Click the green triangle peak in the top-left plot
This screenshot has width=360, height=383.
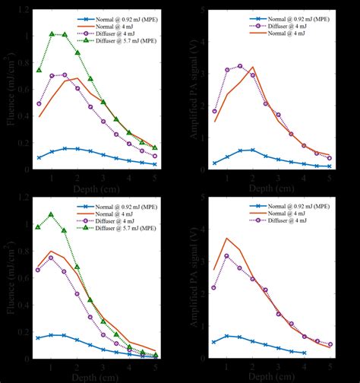point(52,34)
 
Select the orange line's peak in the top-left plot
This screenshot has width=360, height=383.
point(77,78)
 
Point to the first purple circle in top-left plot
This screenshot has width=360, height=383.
point(39,104)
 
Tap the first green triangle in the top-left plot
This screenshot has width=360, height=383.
point(39,70)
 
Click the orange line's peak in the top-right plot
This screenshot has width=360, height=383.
point(253,67)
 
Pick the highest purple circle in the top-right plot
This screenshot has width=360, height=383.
point(240,66)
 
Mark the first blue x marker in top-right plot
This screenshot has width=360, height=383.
point(214,163)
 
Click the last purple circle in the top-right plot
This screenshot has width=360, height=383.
point(330,158)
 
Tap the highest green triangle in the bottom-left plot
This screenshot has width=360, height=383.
point(52,214)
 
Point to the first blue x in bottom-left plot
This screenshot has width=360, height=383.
point(39,337)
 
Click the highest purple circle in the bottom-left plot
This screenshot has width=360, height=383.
point(52,258)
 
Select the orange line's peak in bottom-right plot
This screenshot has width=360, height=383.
point(227,238)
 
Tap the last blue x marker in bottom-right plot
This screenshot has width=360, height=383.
point(304,353)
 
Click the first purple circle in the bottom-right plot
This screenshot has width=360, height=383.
point(214,287)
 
